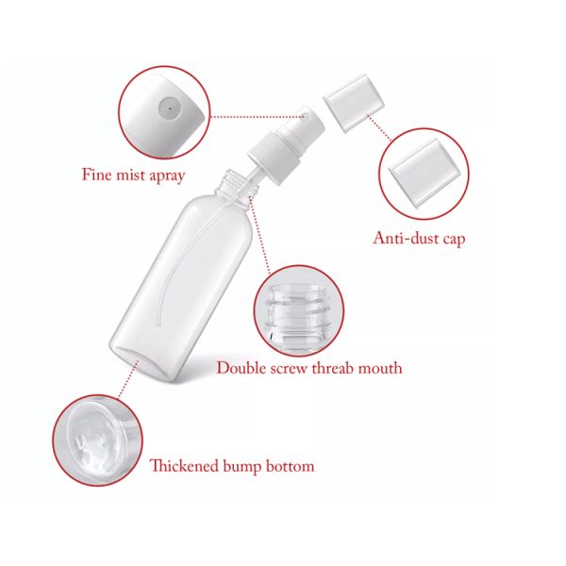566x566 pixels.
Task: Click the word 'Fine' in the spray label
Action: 96,175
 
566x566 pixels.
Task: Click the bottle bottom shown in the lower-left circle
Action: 95,438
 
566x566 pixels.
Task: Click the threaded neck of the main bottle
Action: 241,181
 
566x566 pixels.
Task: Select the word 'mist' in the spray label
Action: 131,175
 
